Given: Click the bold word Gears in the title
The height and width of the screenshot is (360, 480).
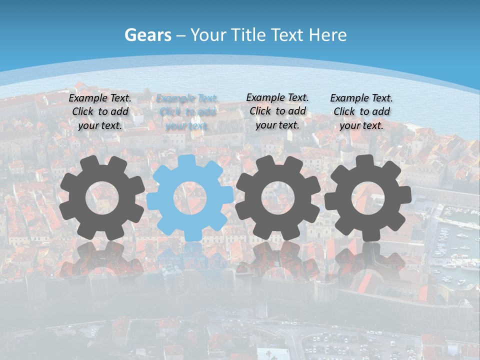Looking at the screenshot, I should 148,35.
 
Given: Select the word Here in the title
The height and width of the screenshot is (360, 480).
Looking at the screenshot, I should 328,35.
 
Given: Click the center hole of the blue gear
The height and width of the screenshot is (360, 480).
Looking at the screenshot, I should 190,198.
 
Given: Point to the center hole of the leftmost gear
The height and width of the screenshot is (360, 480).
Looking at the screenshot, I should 102,198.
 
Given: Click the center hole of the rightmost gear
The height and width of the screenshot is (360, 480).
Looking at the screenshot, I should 368,198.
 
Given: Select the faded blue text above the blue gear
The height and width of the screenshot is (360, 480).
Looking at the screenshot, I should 187,112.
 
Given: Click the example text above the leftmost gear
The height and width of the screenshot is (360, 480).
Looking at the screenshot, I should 100,112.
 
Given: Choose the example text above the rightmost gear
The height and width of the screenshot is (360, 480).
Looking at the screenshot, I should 361,112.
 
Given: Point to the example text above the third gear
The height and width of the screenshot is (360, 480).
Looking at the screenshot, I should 277,111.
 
